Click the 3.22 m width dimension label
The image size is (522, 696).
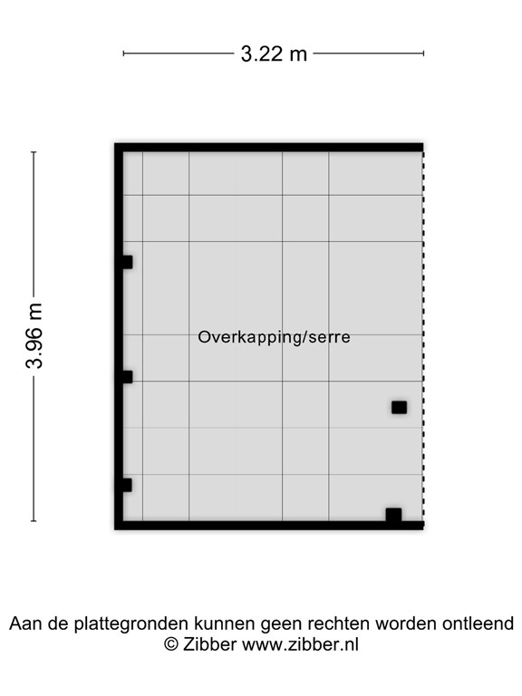(x=274, y=53)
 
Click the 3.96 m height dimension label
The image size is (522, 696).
(x=35, y=336)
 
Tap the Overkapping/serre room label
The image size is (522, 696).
(x=274, y=337)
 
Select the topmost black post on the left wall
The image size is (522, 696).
(x=126, y=262)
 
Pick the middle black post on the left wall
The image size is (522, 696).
(x=126, y=377)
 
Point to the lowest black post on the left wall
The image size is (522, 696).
(x=126, y=485)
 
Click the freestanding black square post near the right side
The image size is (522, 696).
(x=399, y=407)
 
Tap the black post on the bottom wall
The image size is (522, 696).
(x=393, y=515)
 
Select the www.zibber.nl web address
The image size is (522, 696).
(x=301, y=644)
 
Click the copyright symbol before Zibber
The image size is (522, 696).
(x=170, y=644)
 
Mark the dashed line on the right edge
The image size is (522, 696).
(x=423, y=336)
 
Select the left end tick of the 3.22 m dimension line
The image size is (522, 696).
(x=123, y=53)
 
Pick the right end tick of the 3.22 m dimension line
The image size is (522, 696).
(x=423, y=53)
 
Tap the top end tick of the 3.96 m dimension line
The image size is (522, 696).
(x=34, y=152)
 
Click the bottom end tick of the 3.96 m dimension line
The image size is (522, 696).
(x=34, y=521)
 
